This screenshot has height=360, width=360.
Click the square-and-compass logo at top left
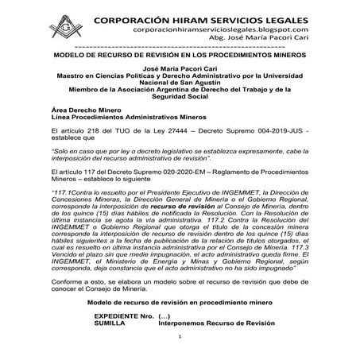(61, 25)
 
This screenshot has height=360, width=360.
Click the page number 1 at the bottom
(180, 347)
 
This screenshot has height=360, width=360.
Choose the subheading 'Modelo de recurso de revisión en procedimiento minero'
(180, 303)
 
